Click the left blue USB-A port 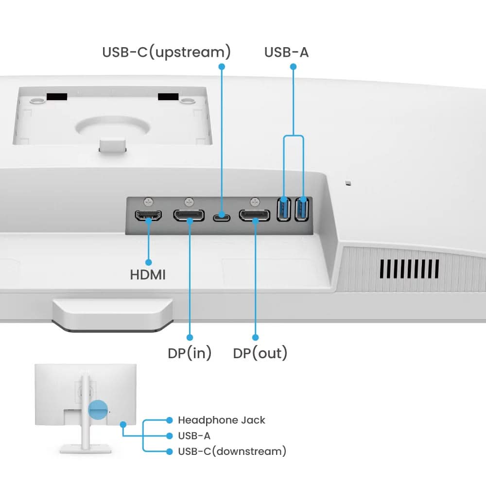coord(283,210)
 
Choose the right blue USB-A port coord(302,210)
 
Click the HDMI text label coord(148,275)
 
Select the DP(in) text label coord(190,353)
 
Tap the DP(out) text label coord(260,353)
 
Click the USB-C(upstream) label coord(166,52)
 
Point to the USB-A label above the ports coord(286,52)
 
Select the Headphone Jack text coord(221,420)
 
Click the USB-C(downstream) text coord(232,451)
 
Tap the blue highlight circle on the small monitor coord(97,410)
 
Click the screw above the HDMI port coord(149,201)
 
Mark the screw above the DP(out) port coord(256,201)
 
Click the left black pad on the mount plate coord(57,97)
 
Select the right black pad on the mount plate coord(169,97)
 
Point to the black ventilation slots coord(409,269)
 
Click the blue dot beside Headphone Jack coord(169,420)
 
